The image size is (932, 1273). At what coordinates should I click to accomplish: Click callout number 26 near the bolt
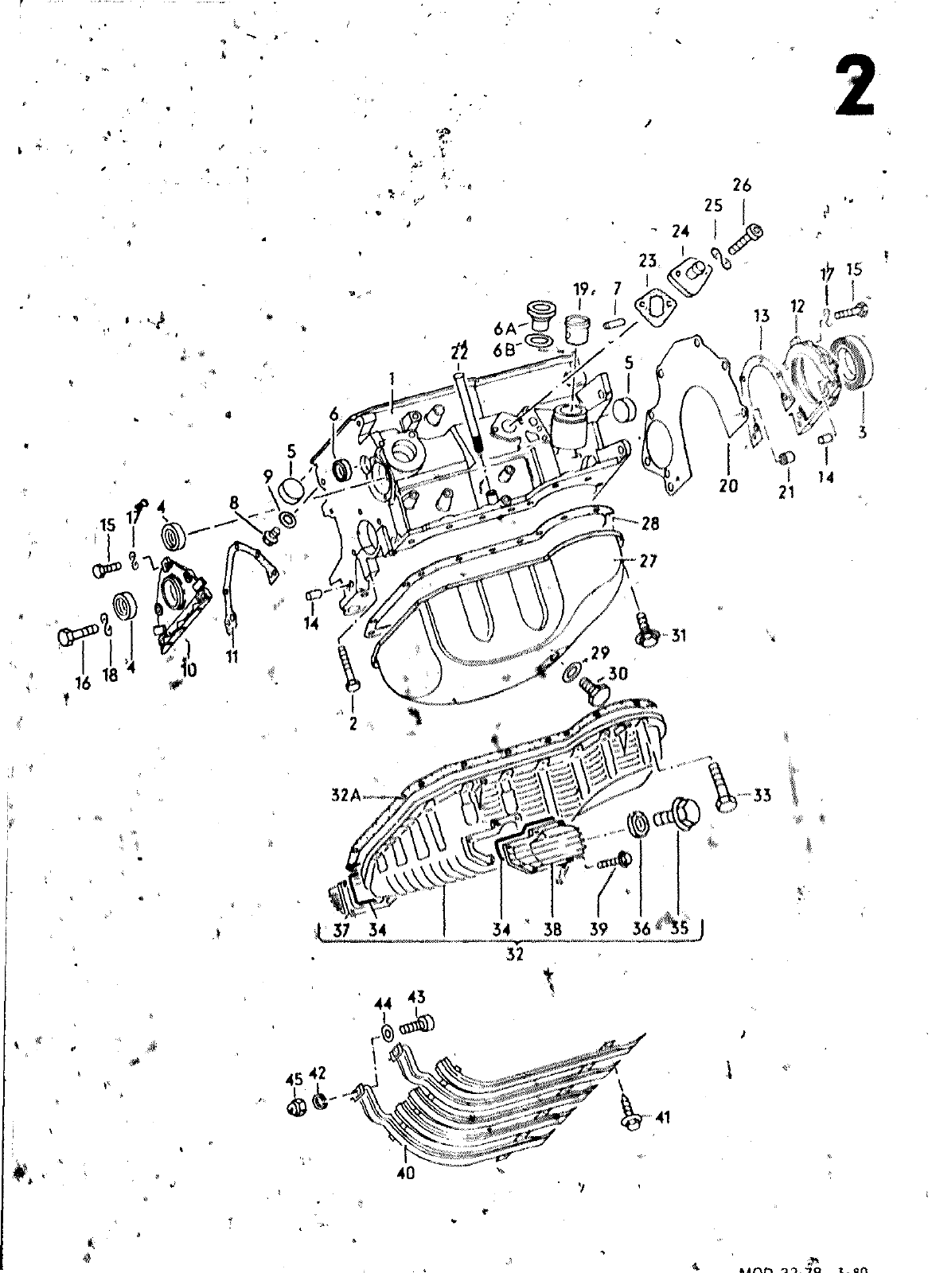(x=742, y=186)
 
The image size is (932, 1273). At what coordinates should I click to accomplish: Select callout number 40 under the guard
(x=405, y=1174)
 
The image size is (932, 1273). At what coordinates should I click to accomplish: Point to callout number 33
(x=762, y=795)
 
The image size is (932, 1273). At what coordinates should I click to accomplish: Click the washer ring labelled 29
(x=572, y=670)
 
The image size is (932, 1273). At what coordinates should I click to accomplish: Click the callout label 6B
(x=505, y=348)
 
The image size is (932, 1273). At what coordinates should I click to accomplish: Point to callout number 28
(x=650, y=523)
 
